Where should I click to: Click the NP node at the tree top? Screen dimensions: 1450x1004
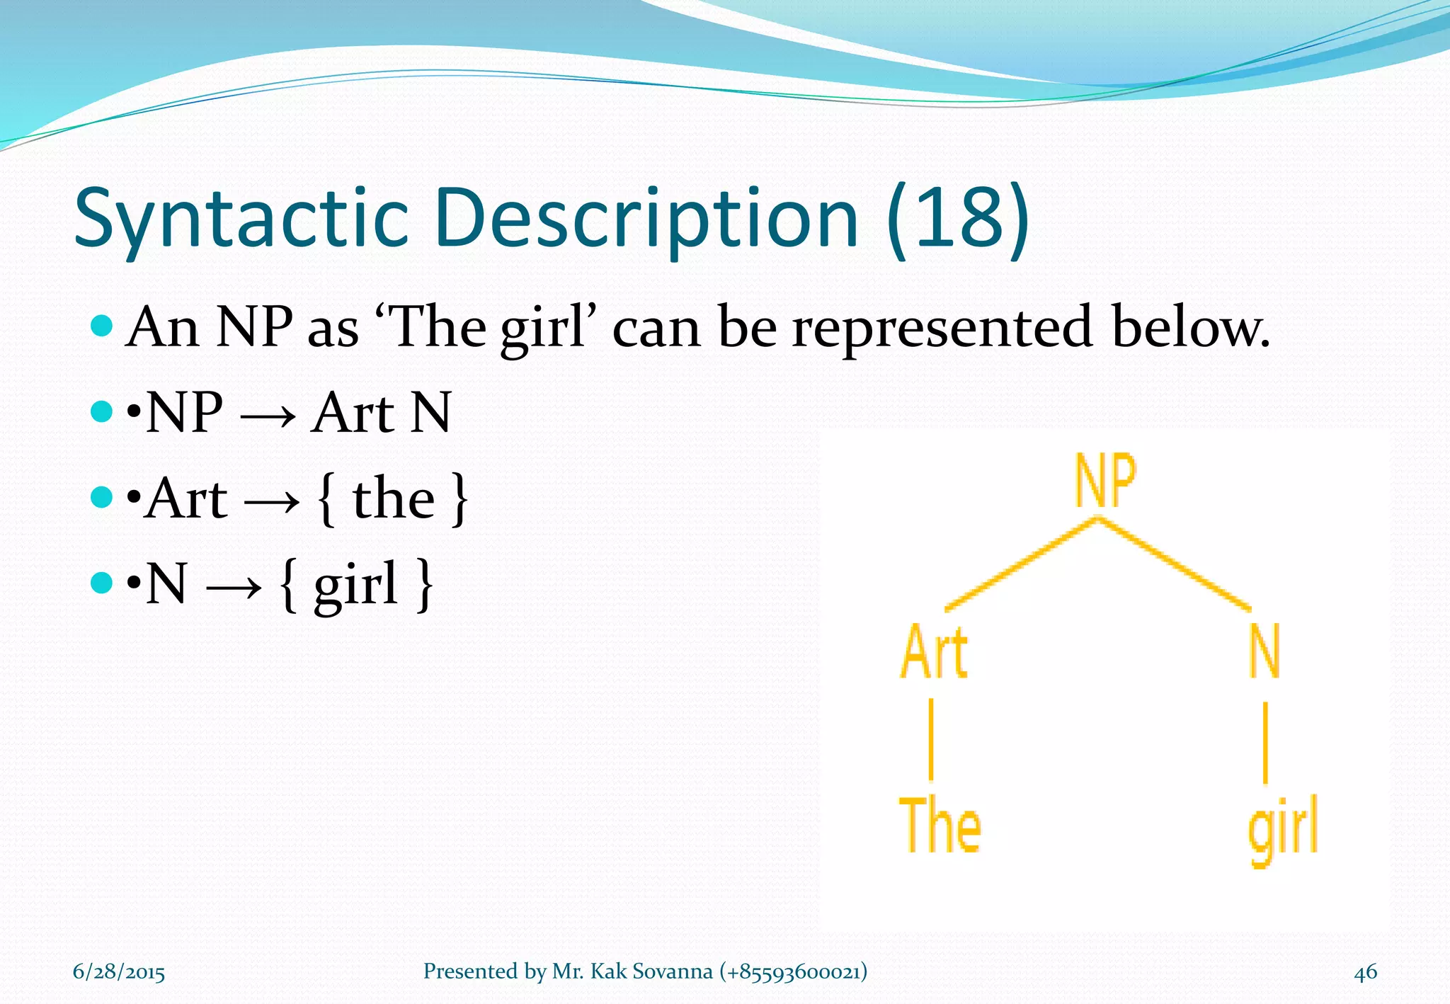pyautogui.click(x=1104, y=481)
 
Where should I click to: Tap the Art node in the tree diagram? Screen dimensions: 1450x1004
pyautogui.click(x=934, y=651)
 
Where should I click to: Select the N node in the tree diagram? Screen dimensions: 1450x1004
pyautogui.click(x=1265, y=651)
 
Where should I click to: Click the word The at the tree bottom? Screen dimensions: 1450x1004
pyautogui.click(x=940, y=824)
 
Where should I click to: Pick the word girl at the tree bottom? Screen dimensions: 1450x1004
pyautogui.click(x=1282, y=828)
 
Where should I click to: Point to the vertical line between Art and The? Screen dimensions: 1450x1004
pyautogui.click(x=931, y=738)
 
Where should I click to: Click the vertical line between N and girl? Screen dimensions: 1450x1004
pyautogui.click(x=1265, y=741)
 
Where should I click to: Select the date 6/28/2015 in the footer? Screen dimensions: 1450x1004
pyautogui.click(x=119, y=971)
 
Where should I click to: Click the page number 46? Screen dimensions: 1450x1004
pyautogui.click(x=1365, y=971)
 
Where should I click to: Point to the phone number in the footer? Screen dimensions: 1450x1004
pyautogui.click(x=793, y=971)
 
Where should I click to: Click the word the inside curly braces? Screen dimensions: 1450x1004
pyautogui.click(x=393, y=498)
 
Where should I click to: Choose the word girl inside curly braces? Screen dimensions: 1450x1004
pyautogui.click(x=355, y=585)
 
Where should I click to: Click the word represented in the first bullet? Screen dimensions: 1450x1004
pyautogui.click(x=942, y=327)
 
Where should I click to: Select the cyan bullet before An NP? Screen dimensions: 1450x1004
pyautogui.click(x=102, y=326)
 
